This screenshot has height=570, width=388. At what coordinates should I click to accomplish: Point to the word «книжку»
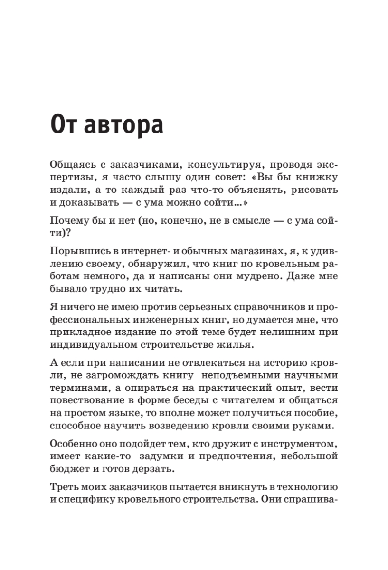[x=315, y=177]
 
